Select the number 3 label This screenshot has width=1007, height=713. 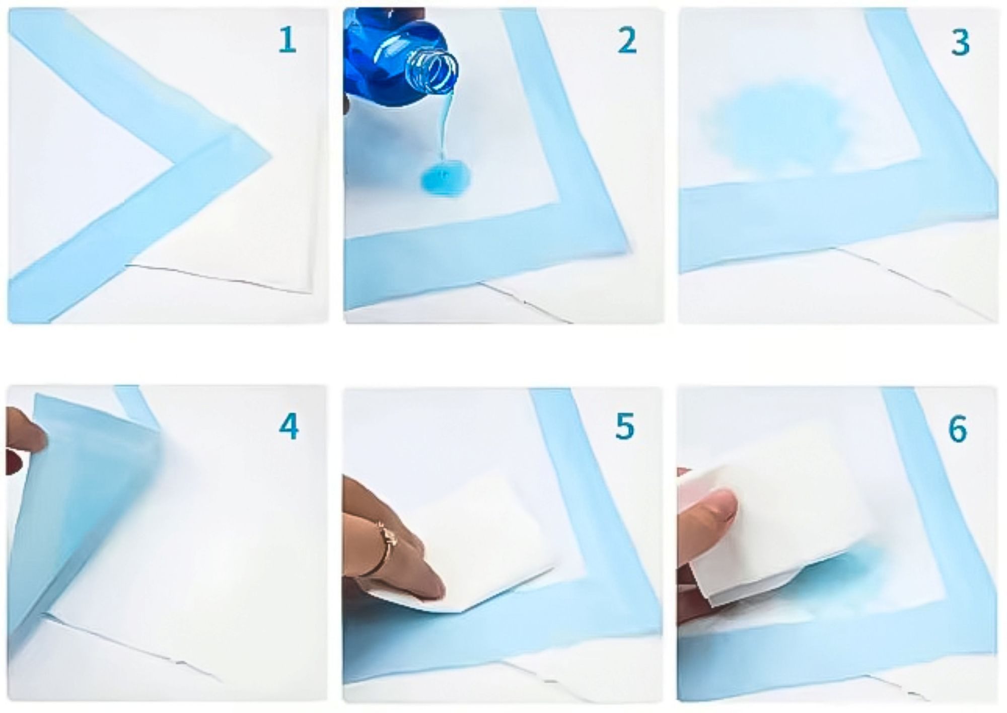[x=960, y=43]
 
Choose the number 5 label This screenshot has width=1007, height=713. [x=625, y=426]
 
